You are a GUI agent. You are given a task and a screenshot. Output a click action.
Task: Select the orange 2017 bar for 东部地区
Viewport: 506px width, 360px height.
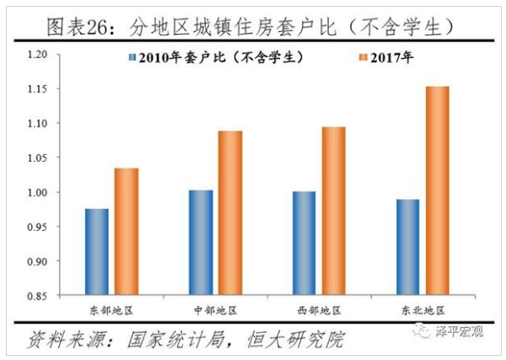click(126, 232)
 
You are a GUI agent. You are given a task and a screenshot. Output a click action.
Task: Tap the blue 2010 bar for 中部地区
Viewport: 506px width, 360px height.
click(201, 243)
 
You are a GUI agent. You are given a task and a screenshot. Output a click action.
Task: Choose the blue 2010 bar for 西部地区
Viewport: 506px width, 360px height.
click(304, 244)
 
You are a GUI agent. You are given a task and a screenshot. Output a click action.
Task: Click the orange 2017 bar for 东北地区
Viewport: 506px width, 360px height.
click(437, 191)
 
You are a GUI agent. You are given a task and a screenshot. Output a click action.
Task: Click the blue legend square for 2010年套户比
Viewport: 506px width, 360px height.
click(132, 59)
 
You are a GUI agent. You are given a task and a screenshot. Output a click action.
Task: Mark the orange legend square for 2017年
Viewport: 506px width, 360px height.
click(361, 59)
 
